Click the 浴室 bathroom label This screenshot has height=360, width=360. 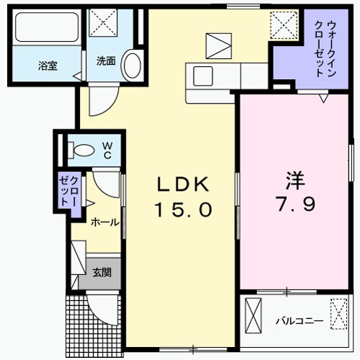coord(48,65)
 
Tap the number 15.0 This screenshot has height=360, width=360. coord(183,210)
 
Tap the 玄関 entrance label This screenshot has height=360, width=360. coord(102,272)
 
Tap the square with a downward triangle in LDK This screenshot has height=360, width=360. coord(216,46)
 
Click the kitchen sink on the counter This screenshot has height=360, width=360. coord(201,74)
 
